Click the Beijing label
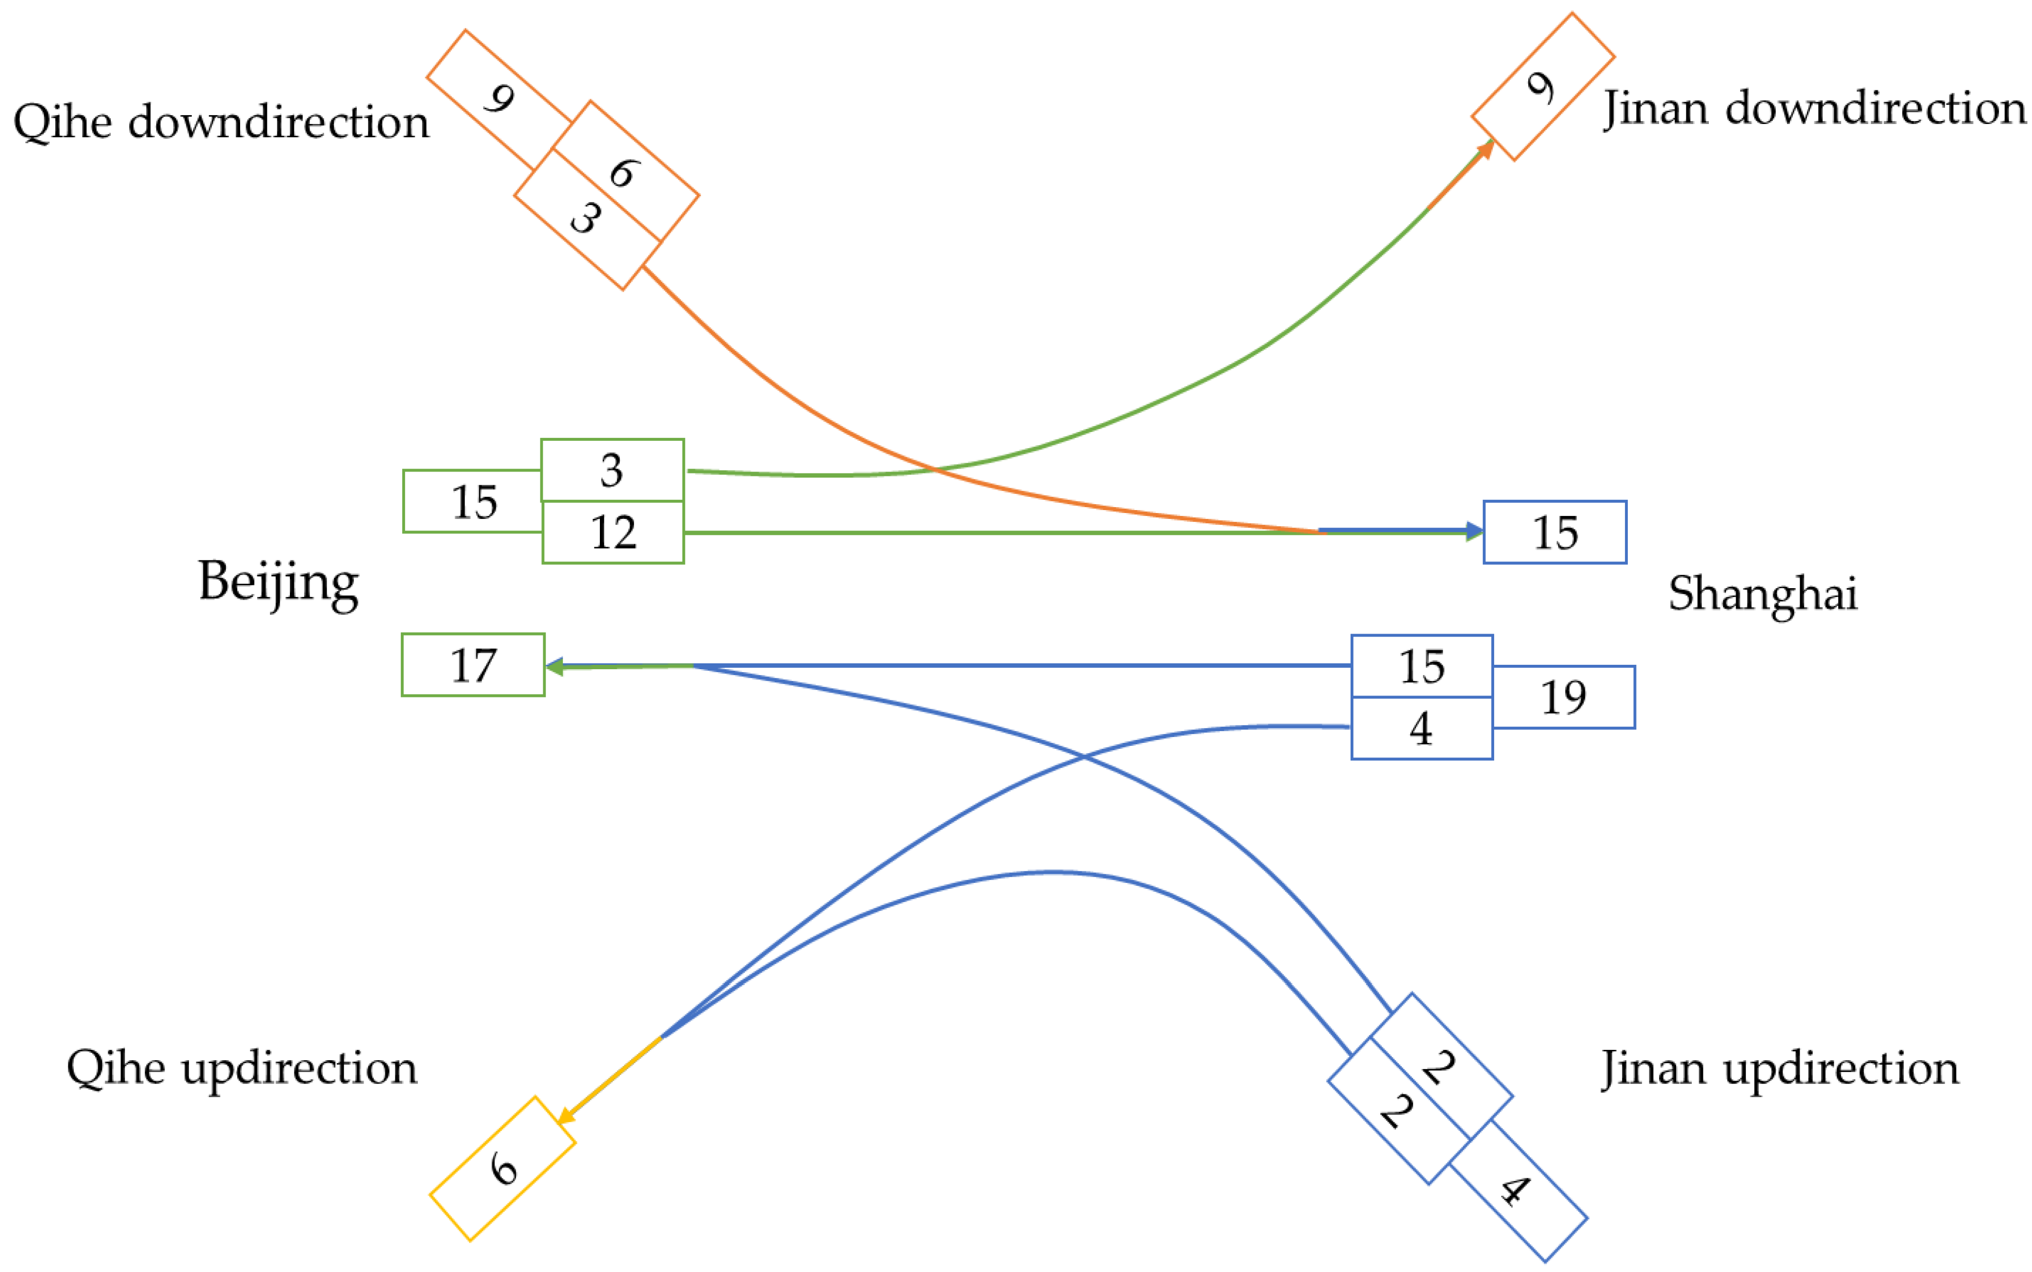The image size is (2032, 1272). coord(278,583)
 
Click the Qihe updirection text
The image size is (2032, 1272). coord(242,1068)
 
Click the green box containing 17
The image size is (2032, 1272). coord(472,665)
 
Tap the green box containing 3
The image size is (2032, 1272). coord(612,470)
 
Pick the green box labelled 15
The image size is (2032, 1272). coord(472,501)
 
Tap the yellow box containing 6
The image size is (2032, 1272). coord(503,1169)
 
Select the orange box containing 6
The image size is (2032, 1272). coord(624,172)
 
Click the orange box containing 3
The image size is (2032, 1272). coord(586,219)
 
